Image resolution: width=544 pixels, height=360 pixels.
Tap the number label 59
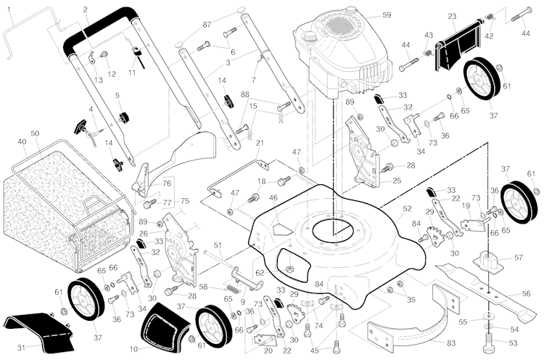[386, 15]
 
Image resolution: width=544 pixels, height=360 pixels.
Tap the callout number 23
[451, 16]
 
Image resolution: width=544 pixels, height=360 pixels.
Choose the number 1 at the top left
[9, 9]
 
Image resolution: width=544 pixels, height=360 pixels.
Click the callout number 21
[259, 142]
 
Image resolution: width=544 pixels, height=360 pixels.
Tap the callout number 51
[217, 245]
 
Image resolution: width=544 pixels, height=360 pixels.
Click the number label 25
[397, 180]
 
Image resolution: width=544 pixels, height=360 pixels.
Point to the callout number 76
[166, 184]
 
